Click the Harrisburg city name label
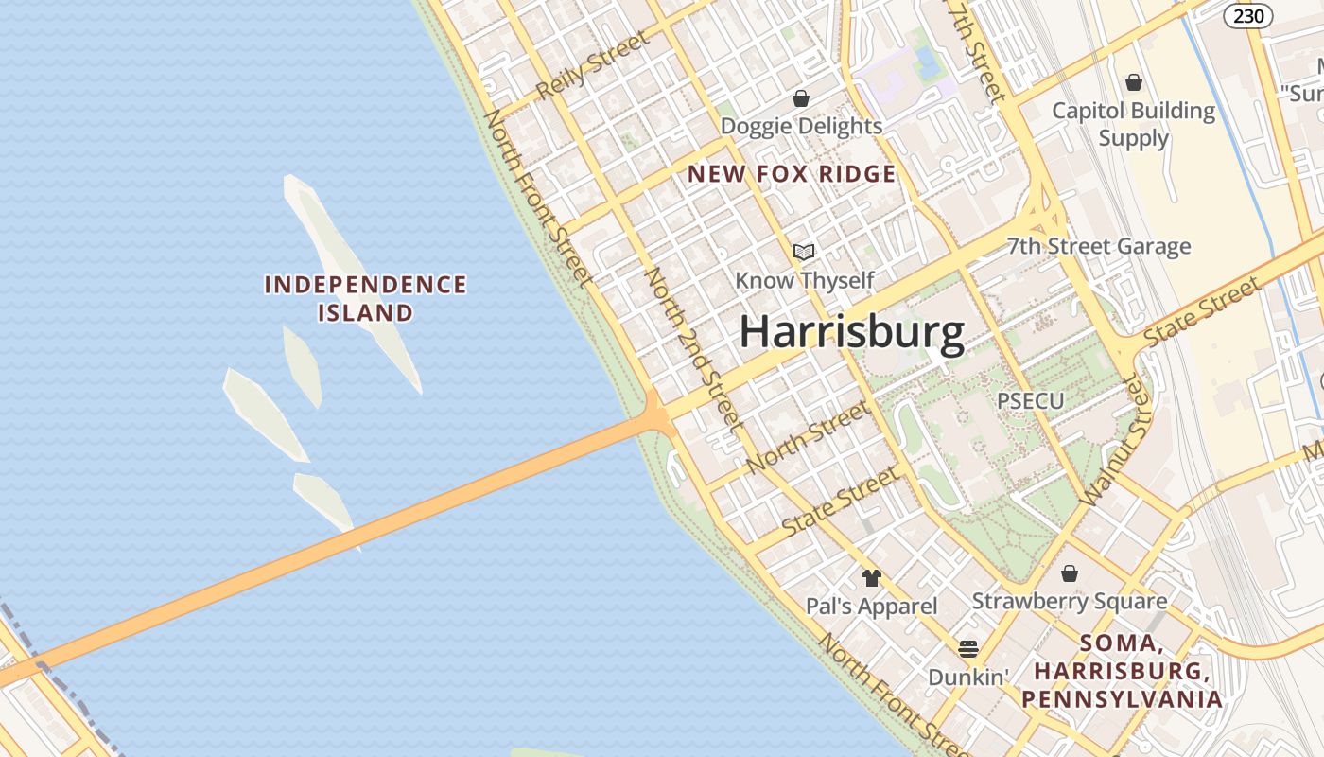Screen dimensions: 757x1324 851,333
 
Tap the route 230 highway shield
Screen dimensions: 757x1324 1247,16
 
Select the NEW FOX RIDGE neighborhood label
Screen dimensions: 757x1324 791,174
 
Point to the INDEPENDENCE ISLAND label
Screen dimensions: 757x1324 365,298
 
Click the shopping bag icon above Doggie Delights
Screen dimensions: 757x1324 801,98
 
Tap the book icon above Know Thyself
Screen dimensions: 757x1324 804,252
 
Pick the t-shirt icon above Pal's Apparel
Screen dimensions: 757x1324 871,577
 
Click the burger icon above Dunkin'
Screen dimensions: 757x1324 967,649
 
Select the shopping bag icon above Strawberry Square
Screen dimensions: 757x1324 1070,573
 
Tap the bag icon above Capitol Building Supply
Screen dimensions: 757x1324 1133,83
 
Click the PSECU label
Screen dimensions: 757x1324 1030,400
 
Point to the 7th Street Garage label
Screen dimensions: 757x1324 1098,247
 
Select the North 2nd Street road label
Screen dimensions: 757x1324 691,360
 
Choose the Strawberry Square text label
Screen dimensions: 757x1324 1069,601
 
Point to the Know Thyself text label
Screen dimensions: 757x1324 804,280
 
